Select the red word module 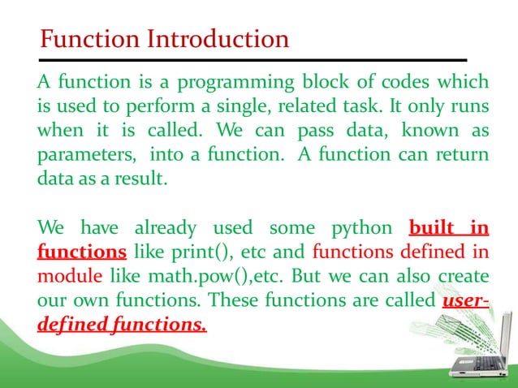(x=65, y=276)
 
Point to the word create (x=463, y=276)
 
